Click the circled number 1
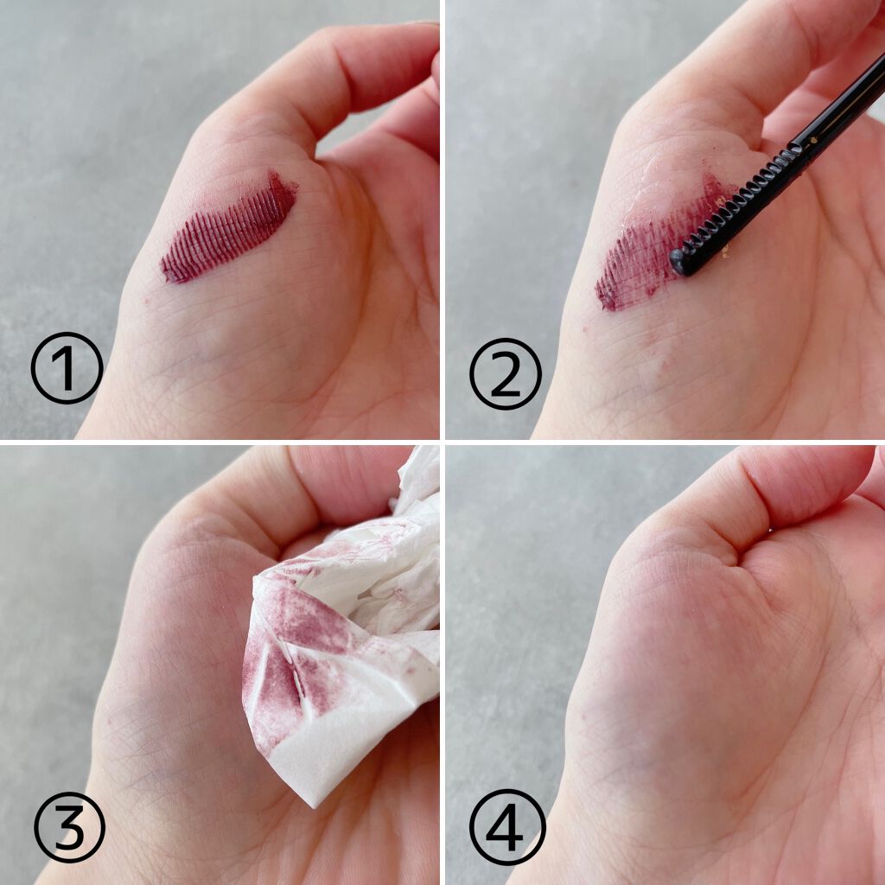[x=67, y=368]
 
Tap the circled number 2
[x=505, y=373]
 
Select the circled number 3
[x=69, y=827]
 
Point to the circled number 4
[x=507, y=827]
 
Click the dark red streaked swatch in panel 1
[x=228, y=228]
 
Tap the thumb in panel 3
[x=316, y=497]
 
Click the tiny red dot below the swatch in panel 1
[x=146, y=301]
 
